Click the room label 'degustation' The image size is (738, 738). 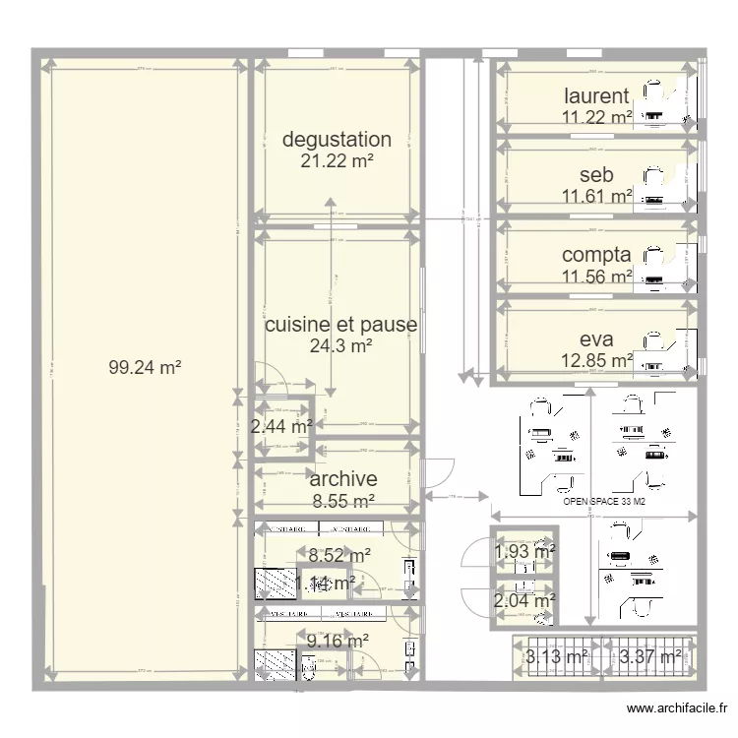pyautogui.click(x=337, y=140)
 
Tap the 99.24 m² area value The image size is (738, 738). pyautogui.click(x=145, y=368)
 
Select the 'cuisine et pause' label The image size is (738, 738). pyautogui.click(x=340, y=325)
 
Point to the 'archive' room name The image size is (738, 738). pyautogui.click(x=343, y=479)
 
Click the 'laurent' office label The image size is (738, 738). pyautogui.click(x=596, y=95)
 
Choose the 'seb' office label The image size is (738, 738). pyautogui.click(x=596, y=175)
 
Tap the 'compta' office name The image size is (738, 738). pyautogui.click(x=596, y=256)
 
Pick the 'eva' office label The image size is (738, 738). pyautogui.click(x=596, y=339)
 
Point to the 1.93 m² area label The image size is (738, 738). pyautogui.click(x=524, y=551)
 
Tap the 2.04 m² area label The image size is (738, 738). pyautogui.click(x=524, y=600)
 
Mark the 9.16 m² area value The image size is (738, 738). pyautogui.click(x=338, y=641)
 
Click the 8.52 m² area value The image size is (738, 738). pyautogui.click(x=338, y=556)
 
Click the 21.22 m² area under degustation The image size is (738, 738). pyautogui.click(x=337, y=160)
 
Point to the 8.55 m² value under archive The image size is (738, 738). pyautogui.click(x=343, y=501)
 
